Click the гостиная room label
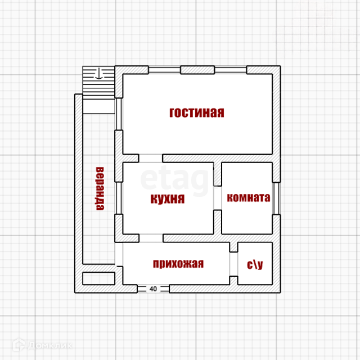tap(197, 112)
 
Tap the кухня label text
tap(168, 199)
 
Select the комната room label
tap(248, 198)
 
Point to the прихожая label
tap(178, 263)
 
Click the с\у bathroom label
tap(255, 264)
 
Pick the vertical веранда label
tap(100, 188)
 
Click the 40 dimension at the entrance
tap(154, 289)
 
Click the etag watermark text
tap(174, 179)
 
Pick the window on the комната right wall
tap(276, 198)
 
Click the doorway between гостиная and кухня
tap(151, 158)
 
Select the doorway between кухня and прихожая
tap(151, 238)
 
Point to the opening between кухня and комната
tap(217, 198)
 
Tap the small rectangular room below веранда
tap(99, 278)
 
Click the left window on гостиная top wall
tap(165, 70)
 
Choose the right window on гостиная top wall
tap(231, 70)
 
